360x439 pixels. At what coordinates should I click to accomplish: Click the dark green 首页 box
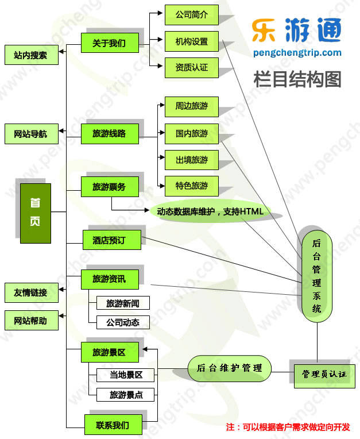[35, 213]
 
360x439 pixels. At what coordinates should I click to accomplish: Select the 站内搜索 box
[31, 55]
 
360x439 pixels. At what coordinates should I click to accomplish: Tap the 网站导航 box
[31, 134]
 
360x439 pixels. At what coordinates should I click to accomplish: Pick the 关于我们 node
[109, 42]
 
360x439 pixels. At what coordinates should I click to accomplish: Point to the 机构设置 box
[192, 42]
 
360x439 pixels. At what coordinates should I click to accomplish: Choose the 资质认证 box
[192, 68]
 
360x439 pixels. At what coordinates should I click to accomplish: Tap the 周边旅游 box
[192, 107]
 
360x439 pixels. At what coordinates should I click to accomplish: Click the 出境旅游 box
[192, 159]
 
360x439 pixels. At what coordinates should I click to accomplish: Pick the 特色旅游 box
[192, 186]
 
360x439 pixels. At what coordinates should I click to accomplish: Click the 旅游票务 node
[109, 186]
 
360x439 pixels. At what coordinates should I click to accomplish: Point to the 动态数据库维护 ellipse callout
[210, 211]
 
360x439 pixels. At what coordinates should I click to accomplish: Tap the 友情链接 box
[31, 292]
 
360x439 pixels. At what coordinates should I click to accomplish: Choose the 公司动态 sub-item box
[118, 322]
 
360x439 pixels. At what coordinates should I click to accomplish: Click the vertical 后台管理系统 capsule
[317, 276]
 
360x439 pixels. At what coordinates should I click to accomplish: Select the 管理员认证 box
[324, 375]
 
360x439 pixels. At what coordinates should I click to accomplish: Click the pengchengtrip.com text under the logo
[297, 53]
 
